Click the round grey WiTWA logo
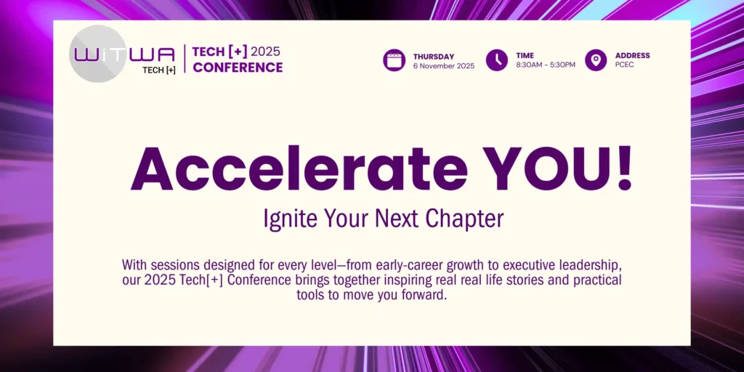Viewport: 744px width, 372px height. click(98, 54)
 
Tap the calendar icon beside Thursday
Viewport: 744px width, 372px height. click(395, 60)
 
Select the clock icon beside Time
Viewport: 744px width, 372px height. click(497, 60)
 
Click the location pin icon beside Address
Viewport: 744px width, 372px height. click(596, 60)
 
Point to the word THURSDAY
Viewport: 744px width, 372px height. click(434, 57)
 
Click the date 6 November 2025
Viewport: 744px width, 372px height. click(444, 66)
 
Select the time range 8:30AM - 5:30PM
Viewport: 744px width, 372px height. click(546, 65)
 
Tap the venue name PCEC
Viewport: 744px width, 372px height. click(624, 65)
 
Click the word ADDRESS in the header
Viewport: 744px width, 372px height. click(633, 55)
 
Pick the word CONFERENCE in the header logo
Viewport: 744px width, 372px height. click(238, 68)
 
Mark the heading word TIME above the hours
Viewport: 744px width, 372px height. click(525, 55)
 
